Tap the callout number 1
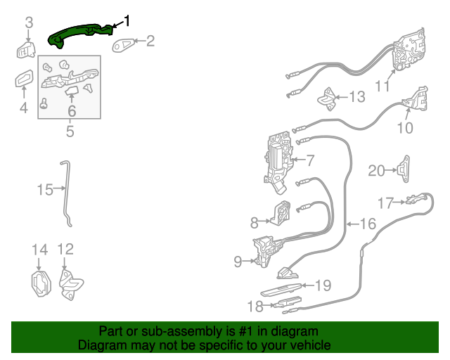click(x=127, y=20)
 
